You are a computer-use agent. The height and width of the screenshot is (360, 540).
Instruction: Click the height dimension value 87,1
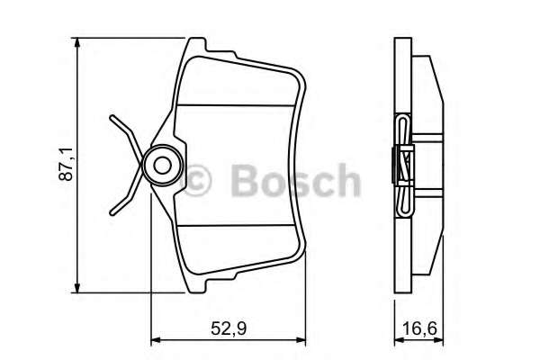[x=66, y=166]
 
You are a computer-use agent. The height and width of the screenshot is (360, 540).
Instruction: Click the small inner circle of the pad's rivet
[x=163, y=166]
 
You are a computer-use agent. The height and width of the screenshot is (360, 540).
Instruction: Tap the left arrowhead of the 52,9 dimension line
[x=154, y=340]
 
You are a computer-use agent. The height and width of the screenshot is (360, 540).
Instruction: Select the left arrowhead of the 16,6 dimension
[x=398, y=340]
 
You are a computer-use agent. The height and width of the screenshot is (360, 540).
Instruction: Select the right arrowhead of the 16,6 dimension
[x=444, y=340]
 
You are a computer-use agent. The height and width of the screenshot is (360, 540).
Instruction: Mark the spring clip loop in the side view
[x=404, y=166]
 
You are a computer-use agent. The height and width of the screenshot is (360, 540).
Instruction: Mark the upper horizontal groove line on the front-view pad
[x=238, y=106]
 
